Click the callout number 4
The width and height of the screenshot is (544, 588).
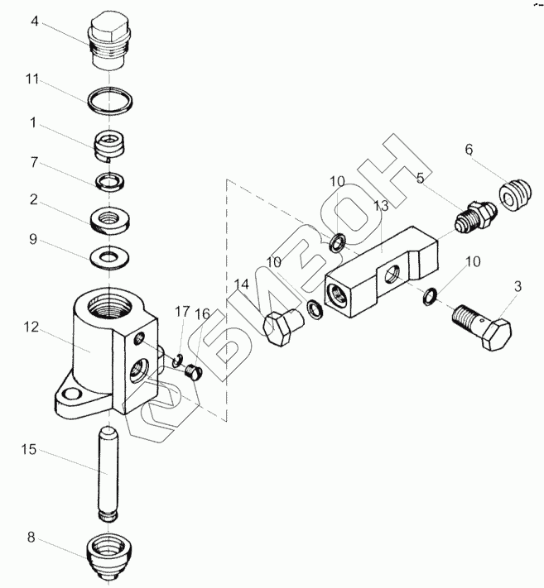pyautogui.click(x=34, y=22)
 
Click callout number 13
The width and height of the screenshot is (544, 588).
pyautogui.click(x=379, y=206)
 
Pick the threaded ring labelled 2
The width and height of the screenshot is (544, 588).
pyautogui.click(x=110, y=220)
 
